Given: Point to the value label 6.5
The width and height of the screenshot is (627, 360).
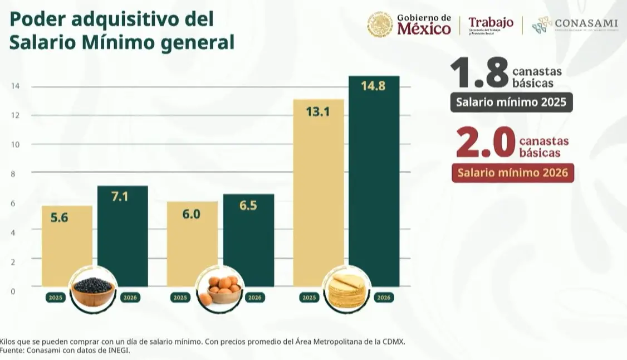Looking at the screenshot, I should click(248, 206).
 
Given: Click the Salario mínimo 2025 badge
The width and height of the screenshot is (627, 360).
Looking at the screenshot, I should click(511, 103).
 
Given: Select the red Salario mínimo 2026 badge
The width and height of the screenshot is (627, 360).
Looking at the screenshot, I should click(512, 173).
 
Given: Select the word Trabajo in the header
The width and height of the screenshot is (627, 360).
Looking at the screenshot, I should click(491, 22).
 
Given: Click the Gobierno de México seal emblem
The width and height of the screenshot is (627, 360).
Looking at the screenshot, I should click(380, 25).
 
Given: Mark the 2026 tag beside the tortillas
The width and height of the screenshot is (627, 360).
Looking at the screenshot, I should click(384, 298).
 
